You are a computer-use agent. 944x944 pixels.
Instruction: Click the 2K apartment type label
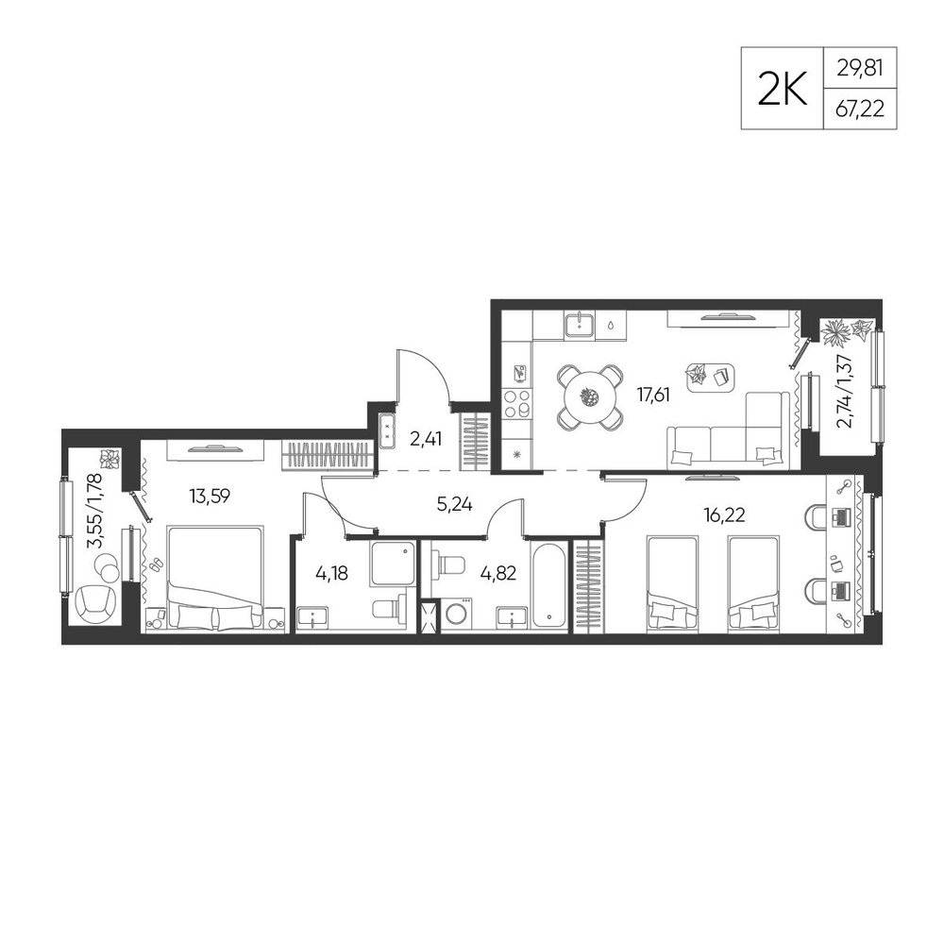(x=782, y=89)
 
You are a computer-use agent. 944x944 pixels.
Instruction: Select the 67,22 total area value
(x=860, y=110)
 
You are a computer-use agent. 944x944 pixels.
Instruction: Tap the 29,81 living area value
(x=860, y=68)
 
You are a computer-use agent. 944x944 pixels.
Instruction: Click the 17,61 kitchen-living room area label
(x=653, y=395)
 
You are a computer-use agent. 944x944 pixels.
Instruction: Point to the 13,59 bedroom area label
(x=210, y=497)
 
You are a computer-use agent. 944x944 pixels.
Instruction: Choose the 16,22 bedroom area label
(x=725, y=514)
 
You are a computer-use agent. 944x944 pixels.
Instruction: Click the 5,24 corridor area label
(x=455, y=504)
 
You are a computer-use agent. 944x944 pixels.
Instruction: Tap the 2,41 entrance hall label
(x=426, y=439)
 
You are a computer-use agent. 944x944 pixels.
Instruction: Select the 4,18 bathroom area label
(x=331, y=573)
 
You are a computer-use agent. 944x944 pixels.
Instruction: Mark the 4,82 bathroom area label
(x=497, y=573)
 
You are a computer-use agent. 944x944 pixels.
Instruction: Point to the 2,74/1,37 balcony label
(x=846, y=390)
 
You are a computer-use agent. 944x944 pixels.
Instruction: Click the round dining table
(x=589, y=396)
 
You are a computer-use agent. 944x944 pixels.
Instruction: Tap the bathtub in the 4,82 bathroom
(x=549, y=584)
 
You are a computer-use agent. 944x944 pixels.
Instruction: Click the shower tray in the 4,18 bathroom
(x=393, y=563)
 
